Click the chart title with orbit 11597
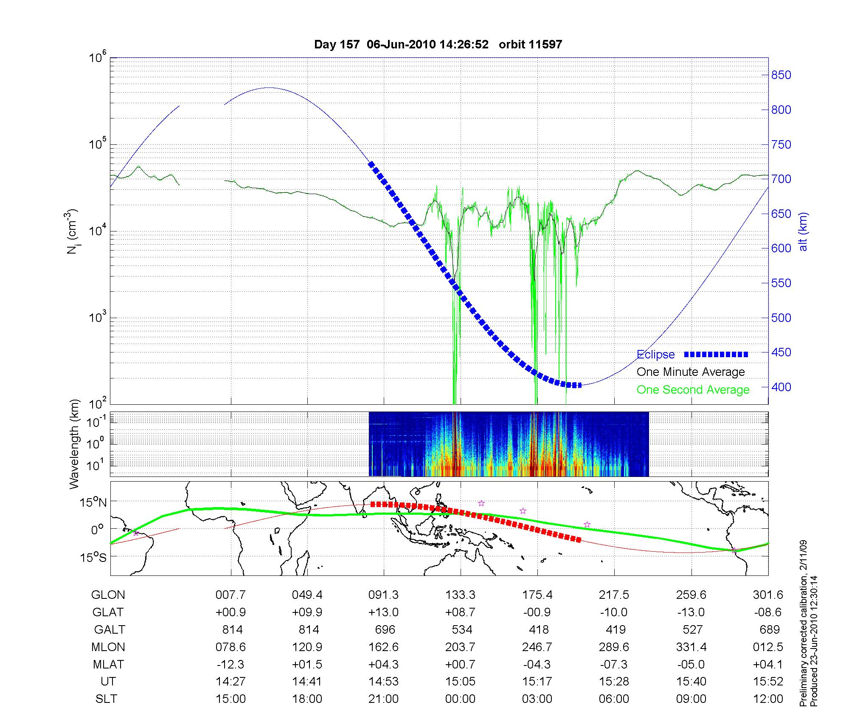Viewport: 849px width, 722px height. (438, 45)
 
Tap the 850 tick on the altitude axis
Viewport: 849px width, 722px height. (781, 75)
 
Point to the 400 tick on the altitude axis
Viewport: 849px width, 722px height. (781, 387)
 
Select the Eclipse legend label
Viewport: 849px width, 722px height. (655, 355)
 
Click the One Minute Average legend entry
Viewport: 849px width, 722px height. (691, 372)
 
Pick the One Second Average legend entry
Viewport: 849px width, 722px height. (693, 390)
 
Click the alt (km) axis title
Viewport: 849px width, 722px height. (803, 231)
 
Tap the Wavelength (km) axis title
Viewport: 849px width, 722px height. (75, 444)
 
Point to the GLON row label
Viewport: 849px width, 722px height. (108, 595)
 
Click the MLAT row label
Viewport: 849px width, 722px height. (108, 664)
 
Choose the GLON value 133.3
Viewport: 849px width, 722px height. (460, 595)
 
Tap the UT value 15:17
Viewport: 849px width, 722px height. (537, 682)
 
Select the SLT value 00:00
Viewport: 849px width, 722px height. (460, 699)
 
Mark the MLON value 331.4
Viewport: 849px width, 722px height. (691, 647)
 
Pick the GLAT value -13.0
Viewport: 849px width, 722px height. (691, 612)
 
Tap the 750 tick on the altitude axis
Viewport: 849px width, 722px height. (781, 144)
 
